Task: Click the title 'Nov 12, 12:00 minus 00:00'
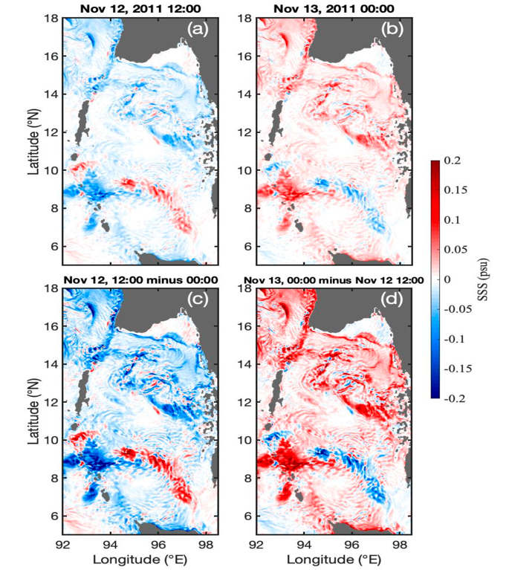pyautogui.click(x=140, y=280)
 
